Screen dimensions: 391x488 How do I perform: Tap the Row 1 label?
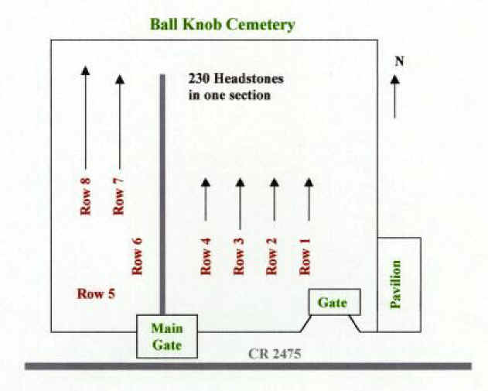(x=305, y=256)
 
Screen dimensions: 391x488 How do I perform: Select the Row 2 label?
(x=271, y=256)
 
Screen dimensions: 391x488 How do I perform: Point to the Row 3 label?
(x=239, y=256)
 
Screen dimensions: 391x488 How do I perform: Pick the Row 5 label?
(x=96, y=293)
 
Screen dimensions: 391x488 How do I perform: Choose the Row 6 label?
(x=138, y=256)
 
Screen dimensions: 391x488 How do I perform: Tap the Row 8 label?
(x=85, y=197)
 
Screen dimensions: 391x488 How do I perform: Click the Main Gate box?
(x=167, y=336)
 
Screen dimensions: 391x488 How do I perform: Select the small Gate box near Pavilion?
(x=333, y=302)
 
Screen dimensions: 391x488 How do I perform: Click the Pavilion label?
(x=397, y=284)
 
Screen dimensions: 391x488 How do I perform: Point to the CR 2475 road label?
(x=274, y=354)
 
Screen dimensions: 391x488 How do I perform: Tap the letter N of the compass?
(x=399, y=60)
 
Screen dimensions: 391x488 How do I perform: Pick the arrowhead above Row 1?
(x=309, y=183)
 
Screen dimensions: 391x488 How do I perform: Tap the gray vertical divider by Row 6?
(x=162, y=194)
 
